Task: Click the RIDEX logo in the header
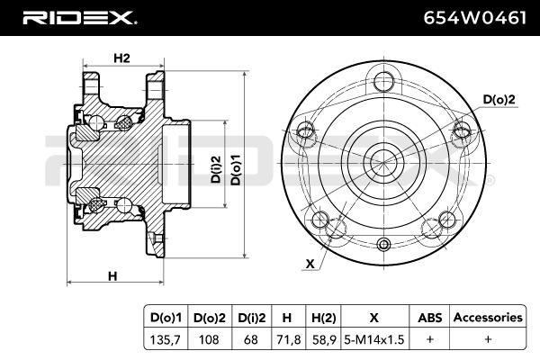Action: (79, 18)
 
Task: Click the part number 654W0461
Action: (475, 18)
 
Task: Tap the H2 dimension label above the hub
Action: (121, 58)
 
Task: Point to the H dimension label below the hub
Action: (112, 276)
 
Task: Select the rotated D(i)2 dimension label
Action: (216, 169)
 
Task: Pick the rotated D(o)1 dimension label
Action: (236, 169)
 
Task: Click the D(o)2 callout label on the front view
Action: (499, 100)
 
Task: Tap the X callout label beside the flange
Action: (310, 264)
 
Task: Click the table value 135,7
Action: (165, 339)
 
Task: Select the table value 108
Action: (209, 339)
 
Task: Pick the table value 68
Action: (251, 339)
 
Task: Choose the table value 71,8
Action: (289, 339)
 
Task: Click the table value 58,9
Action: (324, 339)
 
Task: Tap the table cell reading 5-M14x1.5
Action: (374, 339)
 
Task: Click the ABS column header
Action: (430, 318)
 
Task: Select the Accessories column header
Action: (488, 318)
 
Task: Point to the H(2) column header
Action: (323, 318)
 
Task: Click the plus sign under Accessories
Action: (488, 339)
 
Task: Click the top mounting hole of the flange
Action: (383, 81)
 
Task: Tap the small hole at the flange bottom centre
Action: (383, 245)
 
